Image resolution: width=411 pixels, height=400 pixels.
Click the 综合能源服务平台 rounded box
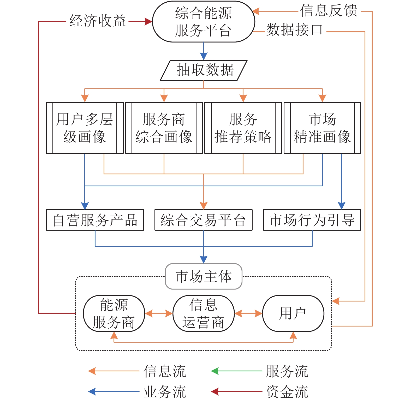204,22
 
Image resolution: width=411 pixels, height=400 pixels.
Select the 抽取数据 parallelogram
204,70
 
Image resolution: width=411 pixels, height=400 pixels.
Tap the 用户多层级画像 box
85,128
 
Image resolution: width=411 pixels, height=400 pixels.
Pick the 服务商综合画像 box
164,128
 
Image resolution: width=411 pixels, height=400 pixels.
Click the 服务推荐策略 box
243,128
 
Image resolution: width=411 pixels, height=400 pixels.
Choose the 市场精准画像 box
322,128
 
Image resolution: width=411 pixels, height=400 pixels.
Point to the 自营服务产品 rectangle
95,220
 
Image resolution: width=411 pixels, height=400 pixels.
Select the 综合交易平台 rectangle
204,220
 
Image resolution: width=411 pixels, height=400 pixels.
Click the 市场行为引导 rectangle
312,220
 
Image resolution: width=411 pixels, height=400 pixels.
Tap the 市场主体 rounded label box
204,276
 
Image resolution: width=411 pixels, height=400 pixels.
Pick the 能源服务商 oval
114,313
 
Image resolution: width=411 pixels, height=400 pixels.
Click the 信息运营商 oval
204,313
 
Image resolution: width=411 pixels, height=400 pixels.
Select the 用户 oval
293,313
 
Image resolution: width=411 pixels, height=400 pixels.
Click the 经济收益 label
98,21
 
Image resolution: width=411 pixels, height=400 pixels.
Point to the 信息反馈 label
329,11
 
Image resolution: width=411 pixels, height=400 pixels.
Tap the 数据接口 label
294,30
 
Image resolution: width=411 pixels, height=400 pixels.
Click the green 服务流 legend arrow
236,371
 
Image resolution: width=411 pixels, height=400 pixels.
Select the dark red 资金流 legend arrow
236,391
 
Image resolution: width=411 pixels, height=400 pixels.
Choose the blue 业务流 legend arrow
114,391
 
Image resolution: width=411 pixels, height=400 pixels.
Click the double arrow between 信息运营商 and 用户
248,313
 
